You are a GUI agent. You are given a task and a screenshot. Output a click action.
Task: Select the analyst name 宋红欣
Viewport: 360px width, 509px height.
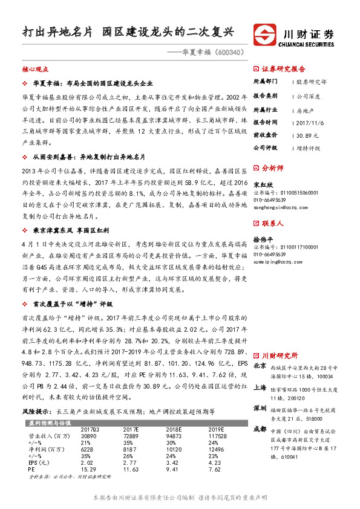261,184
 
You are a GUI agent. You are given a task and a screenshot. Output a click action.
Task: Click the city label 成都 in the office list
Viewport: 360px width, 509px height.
259,429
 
